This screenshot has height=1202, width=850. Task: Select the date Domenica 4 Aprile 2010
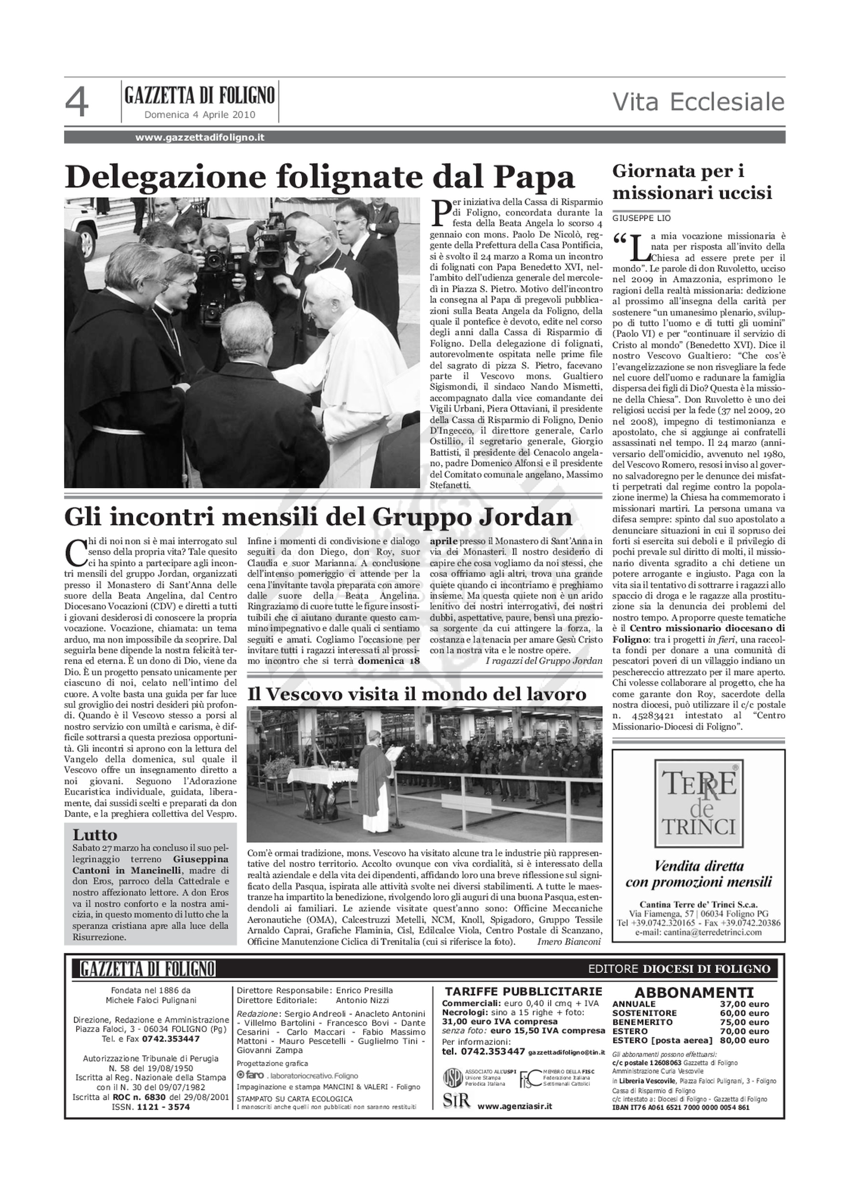coord(200,115)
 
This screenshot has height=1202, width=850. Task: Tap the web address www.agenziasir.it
coord(514,1106)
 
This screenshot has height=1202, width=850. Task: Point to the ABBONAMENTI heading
coord(694,993)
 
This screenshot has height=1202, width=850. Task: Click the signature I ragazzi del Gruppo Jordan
coord(544,661)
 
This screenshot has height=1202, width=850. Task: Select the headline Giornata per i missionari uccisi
coord(692,182)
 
